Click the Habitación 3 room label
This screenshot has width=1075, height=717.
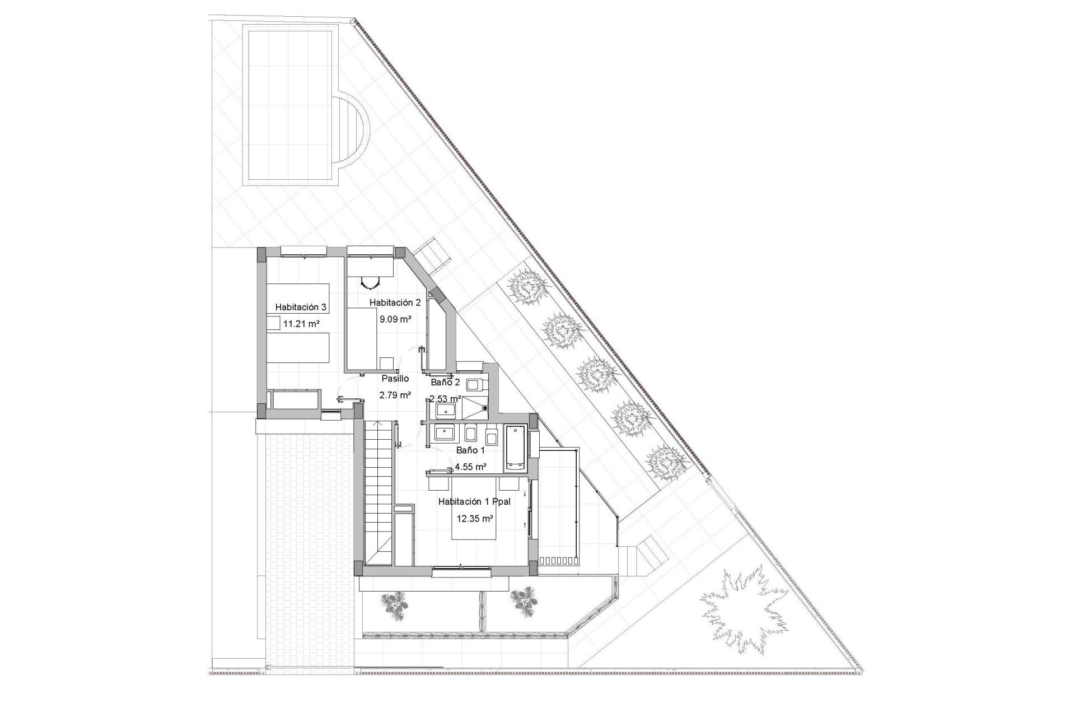pyautogui.click(x=301, y=307)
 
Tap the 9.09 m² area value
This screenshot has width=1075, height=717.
pyautogui.click(x=396, y=319)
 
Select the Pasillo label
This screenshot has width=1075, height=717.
pyautogui.click(x=395, y=379)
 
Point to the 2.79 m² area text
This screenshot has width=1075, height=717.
pyautogui.click(x=395, y=395)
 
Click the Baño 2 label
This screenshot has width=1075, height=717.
pyautogui.click(x=445, y=383)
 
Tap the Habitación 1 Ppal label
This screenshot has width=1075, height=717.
pyautogui.click(x=474, y=502)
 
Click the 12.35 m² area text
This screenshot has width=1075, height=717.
pyautogui.click(x=475, y=519)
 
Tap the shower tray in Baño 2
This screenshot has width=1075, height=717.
pyautogui.click(x=476, y=411)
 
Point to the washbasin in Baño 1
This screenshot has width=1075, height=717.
pyautogui.click(x=446, y=432)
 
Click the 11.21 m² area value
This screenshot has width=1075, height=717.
pyautogui.click(x=301, y=324)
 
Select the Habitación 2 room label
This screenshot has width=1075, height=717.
pyautogui.click(x=395, y=302)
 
